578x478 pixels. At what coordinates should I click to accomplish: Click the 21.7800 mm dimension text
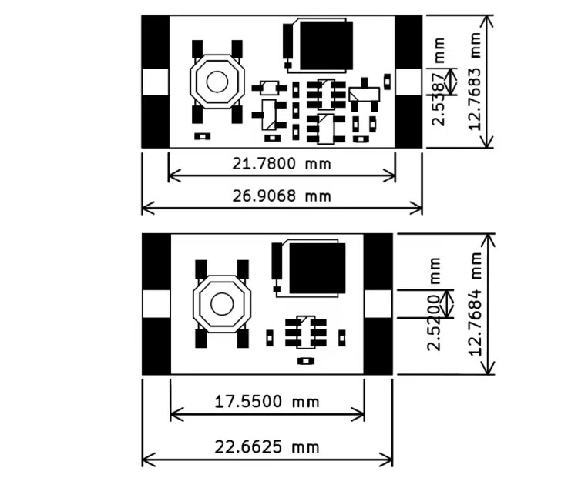(x=281, y=163)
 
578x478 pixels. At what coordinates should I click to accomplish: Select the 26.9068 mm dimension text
(x=281, y=196)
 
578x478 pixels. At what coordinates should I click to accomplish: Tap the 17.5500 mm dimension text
(x=267, y=401)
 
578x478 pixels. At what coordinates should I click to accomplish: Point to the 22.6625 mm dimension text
(x=267, y=447)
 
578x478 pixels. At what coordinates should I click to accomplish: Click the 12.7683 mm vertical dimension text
(x=475, y=82)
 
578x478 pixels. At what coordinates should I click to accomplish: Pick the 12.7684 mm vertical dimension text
(x=476, y=304)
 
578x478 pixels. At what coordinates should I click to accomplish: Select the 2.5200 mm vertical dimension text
(x=434, y=304)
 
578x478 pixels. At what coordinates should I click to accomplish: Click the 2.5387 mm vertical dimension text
(x=439, y=82)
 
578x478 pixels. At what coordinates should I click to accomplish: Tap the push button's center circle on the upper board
(x=217, y=82)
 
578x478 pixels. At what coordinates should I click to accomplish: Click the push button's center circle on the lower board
(x=222, y=304)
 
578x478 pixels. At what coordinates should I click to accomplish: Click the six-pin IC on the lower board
(x=306, y=333)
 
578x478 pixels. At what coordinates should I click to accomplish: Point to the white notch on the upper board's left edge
(x=156, y=82)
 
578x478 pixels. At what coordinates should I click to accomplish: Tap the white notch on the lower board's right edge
(x=378, y=304)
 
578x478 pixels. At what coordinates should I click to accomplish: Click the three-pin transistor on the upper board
(x=365, y=95)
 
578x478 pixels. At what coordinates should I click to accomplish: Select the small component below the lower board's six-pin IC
(x=305, y=361)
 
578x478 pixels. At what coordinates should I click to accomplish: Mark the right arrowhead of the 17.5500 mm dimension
(x=359, y=414)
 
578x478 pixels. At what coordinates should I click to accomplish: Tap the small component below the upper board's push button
(x=202, y=136)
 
